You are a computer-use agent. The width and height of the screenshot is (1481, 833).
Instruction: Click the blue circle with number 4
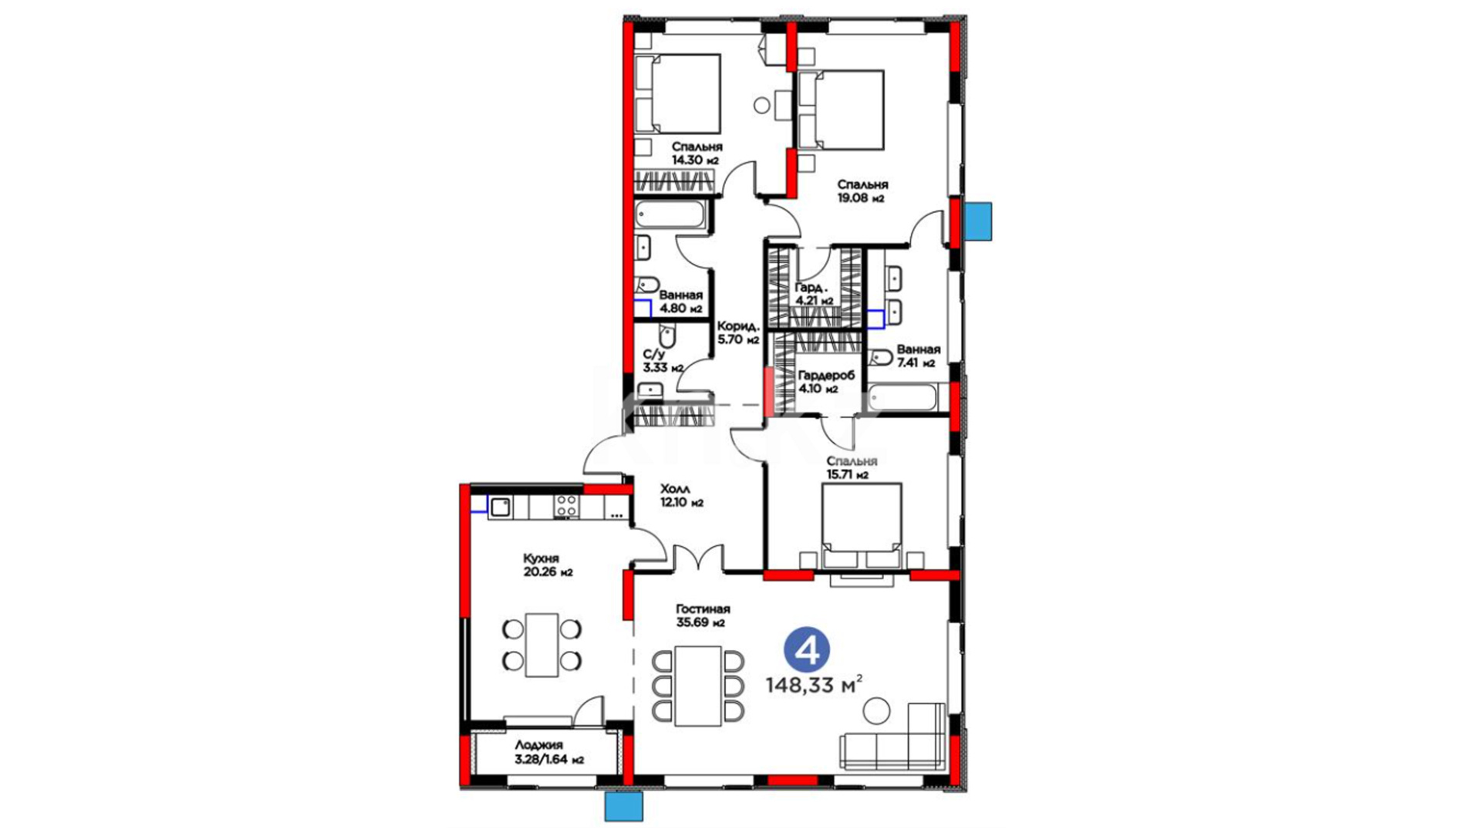808,651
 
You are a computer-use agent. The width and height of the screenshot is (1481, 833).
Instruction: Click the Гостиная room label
703,609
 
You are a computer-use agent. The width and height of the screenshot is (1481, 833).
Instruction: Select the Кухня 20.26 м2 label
548,565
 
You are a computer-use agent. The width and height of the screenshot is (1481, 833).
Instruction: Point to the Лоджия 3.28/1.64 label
549,752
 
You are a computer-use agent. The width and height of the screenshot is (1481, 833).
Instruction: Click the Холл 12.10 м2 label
682,495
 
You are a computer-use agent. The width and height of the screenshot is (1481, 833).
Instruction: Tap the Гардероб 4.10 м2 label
826,382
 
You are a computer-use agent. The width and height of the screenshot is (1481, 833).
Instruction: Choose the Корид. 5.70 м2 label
738,332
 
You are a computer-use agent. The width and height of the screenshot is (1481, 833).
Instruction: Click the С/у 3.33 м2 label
663,361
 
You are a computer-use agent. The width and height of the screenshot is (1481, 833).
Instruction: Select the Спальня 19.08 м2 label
863,191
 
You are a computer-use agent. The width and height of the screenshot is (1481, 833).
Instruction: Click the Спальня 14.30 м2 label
697,153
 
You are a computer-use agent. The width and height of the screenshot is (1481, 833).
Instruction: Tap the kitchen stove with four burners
567,506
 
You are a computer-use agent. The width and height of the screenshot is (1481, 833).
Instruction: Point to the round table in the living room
876,710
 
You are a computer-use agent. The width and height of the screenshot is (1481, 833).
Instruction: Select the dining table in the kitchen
541,645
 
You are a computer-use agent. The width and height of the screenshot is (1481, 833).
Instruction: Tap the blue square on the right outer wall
979,221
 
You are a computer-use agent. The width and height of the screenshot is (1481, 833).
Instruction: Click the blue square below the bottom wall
623,808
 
